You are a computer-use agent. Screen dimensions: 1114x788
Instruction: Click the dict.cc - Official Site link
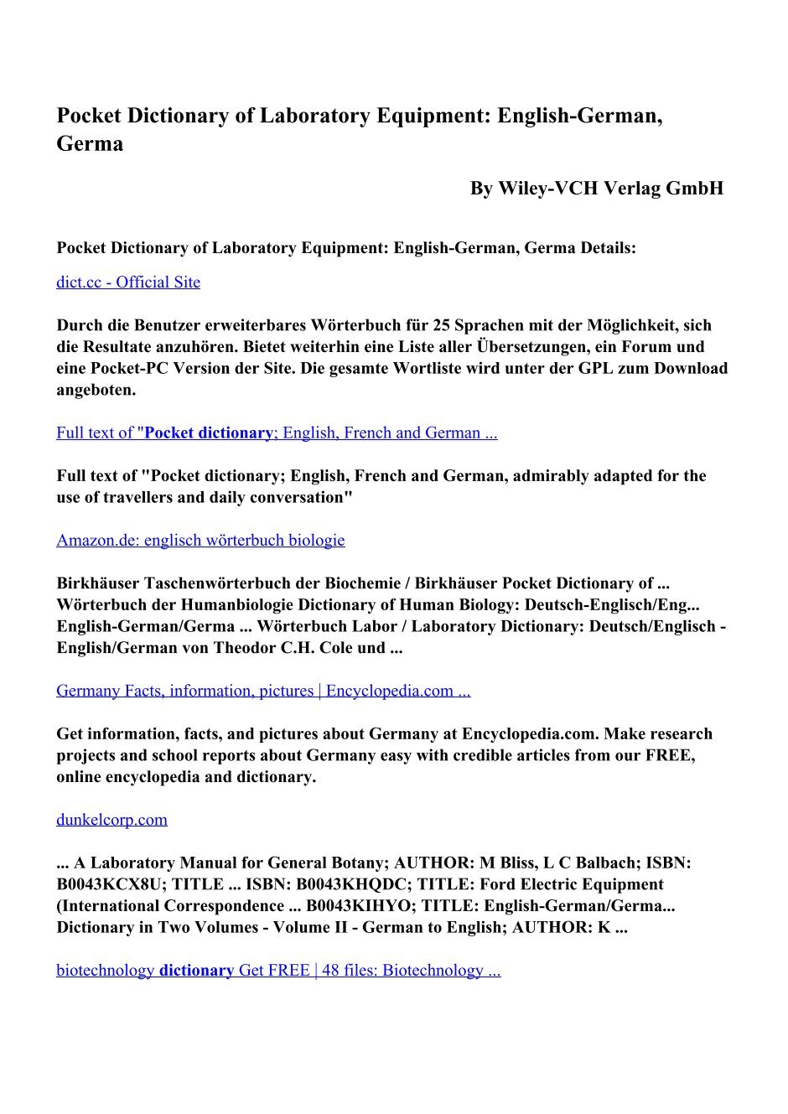(x=128, y=282)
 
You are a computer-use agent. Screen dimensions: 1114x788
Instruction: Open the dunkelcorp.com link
(x=111, y=820)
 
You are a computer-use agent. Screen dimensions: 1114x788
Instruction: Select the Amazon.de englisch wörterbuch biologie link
(x=200, y=541)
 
